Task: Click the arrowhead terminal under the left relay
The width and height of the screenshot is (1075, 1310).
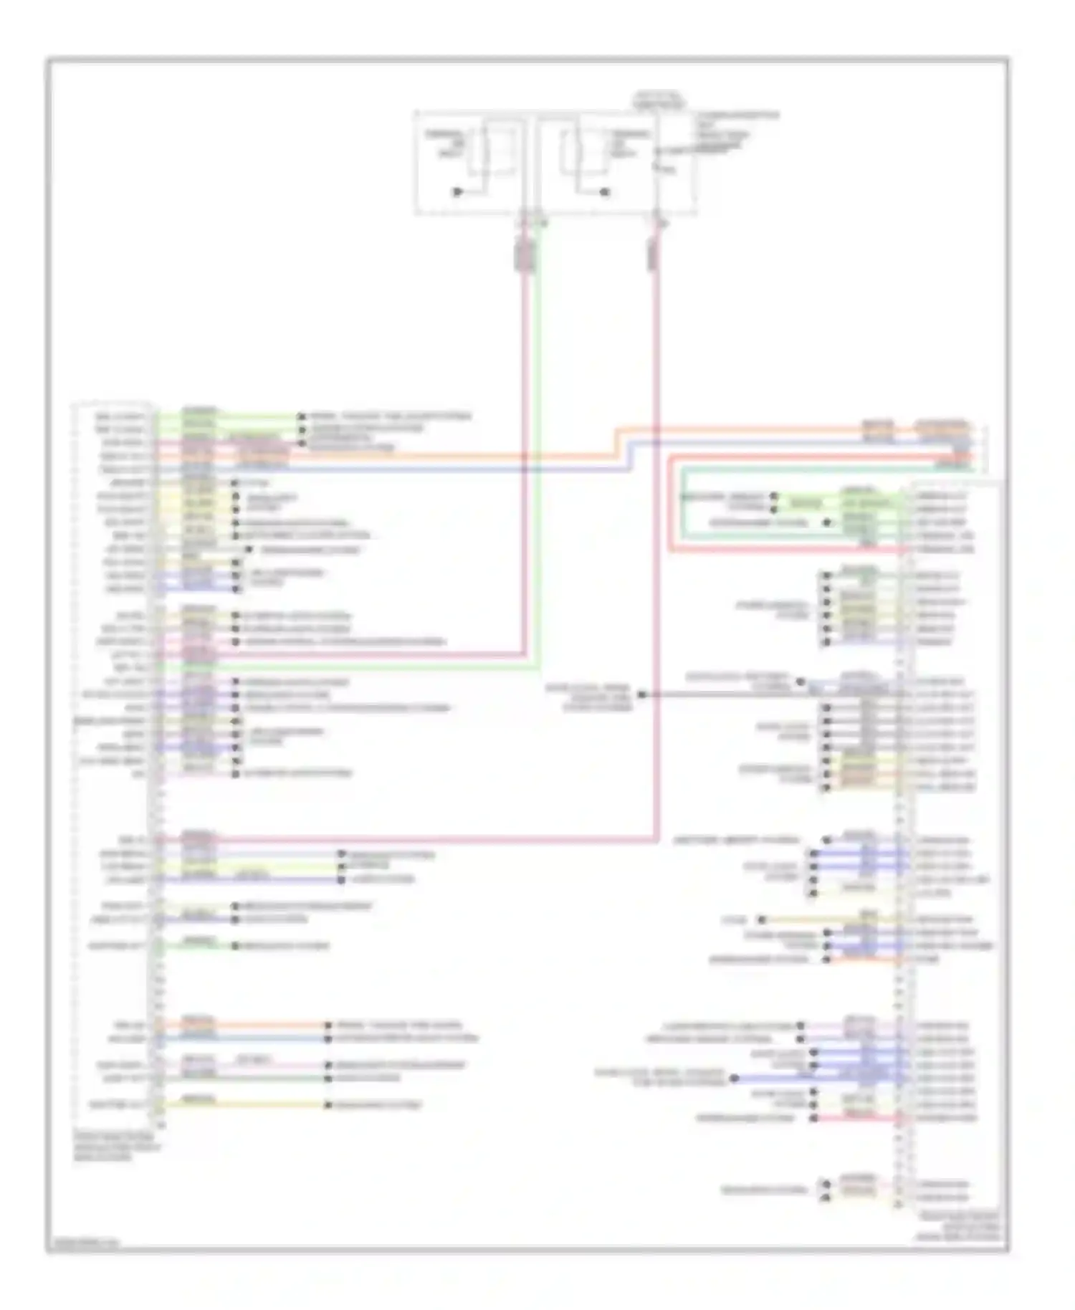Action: [x=457, y=192]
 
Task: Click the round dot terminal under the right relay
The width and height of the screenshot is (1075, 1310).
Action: [x=605, y=192]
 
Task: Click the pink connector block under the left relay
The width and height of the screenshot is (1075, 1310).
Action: [x=525, y=256]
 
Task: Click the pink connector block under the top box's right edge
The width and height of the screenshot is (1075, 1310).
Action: [x=654, y=254]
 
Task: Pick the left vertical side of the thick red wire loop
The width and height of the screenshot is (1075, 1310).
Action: [x=670, y=502]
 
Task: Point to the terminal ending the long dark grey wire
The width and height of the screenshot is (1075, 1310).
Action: [x=642, y=694]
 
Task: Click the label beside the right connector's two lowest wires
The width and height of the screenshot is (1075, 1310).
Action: [x=763, y=1190]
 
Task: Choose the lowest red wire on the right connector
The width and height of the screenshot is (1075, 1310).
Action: [x=860, y=1118]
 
